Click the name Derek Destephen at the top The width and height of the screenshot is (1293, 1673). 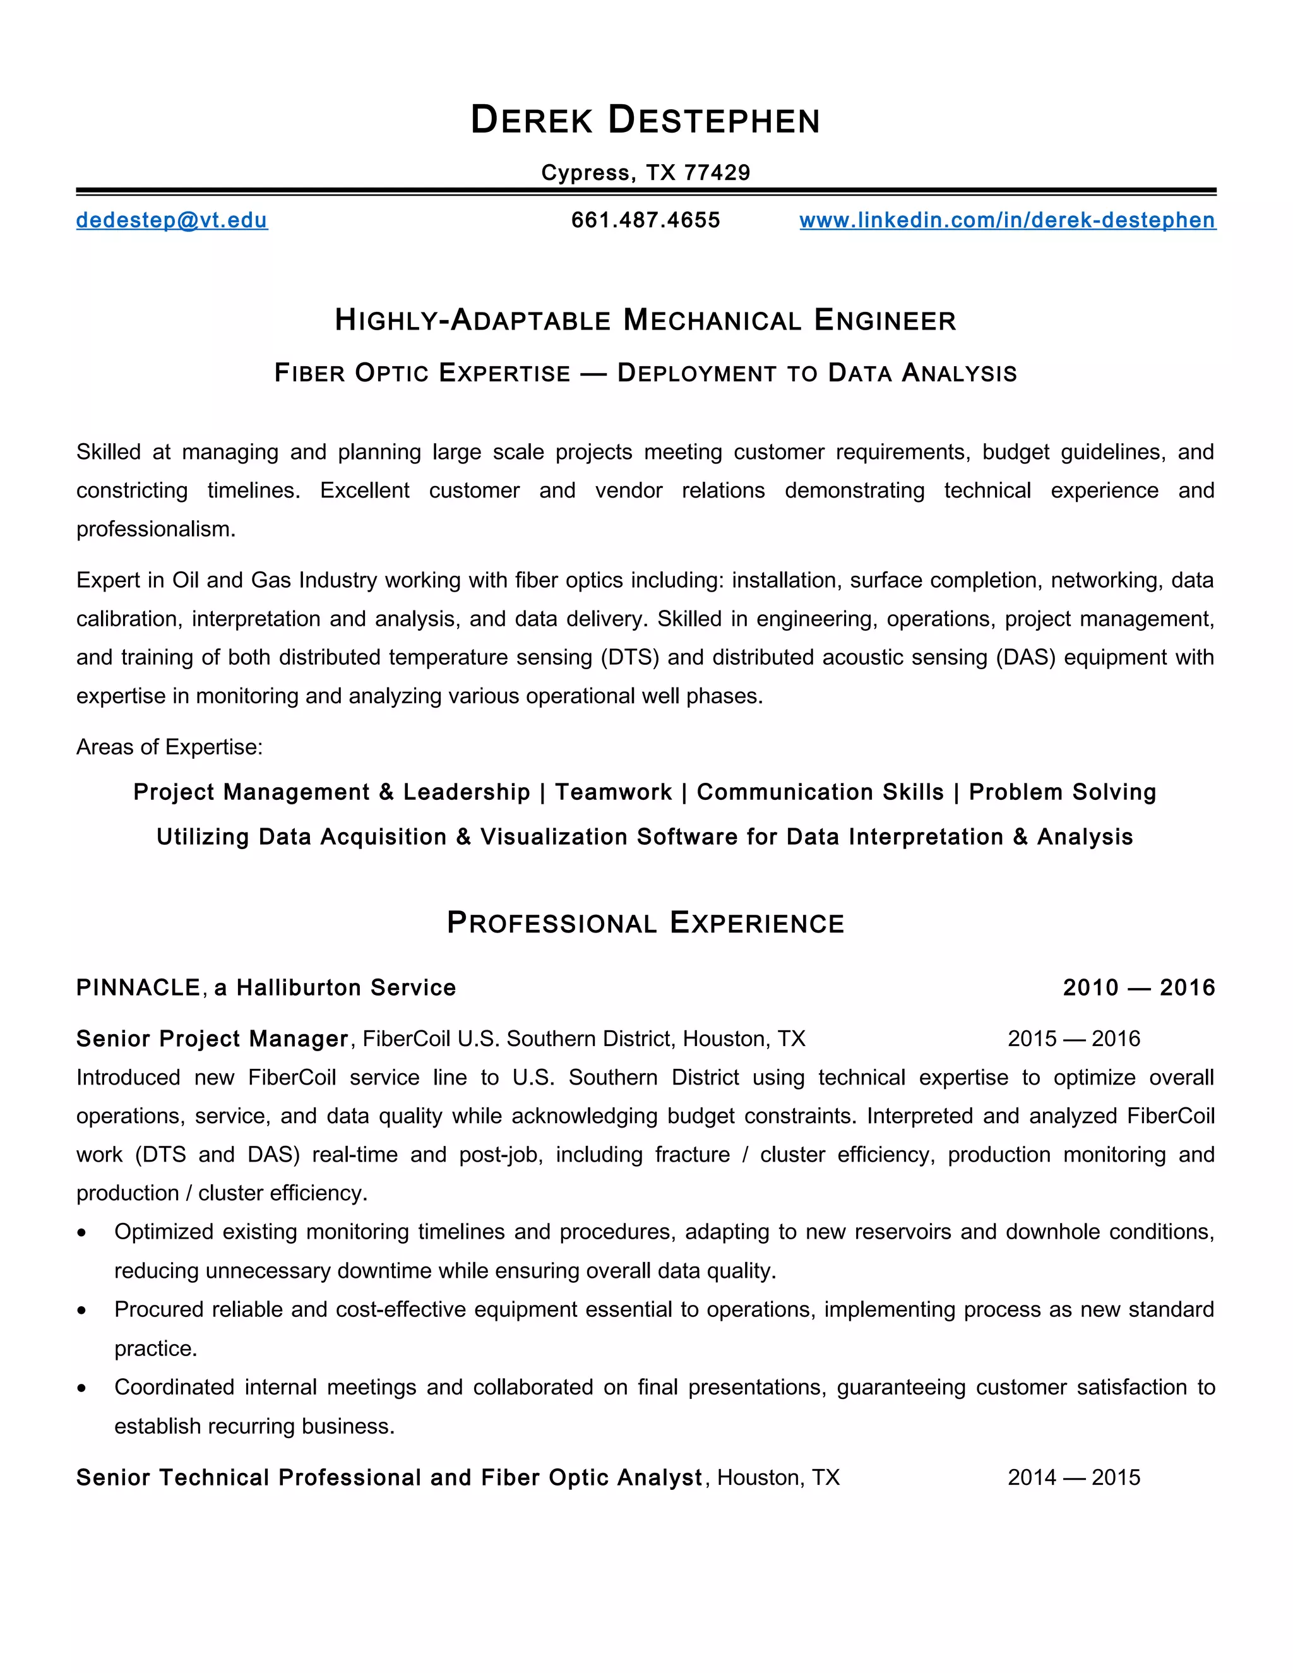(645, 120)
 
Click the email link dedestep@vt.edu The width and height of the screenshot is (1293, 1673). (172, 220)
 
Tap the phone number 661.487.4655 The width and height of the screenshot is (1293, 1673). (645, 220)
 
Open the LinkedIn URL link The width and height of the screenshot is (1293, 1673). (1006, 220)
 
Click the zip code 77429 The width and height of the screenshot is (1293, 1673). (717, 172)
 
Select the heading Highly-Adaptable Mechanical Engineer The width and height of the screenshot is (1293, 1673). (645, 320)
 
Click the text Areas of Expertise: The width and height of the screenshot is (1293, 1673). (169, 747)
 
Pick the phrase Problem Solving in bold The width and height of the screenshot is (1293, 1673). (1062, 792)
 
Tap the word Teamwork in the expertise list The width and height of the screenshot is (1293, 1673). (613, 792)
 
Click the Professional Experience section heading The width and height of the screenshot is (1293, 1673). (645, 923)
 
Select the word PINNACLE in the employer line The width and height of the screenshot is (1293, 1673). (139, 988)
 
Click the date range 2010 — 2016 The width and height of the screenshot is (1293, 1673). (1138, 988)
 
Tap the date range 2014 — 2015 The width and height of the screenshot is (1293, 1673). (1073, 1478)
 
